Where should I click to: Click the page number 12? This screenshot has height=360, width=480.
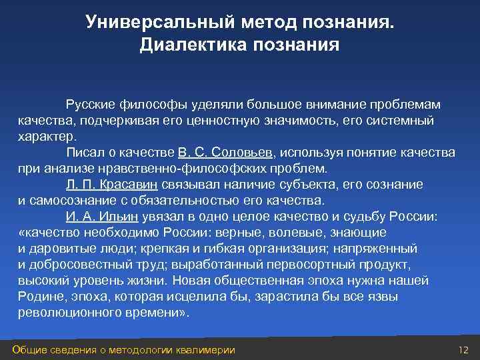click(x=464, y=350)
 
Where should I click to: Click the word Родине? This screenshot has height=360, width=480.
click(x=39, y=297)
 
